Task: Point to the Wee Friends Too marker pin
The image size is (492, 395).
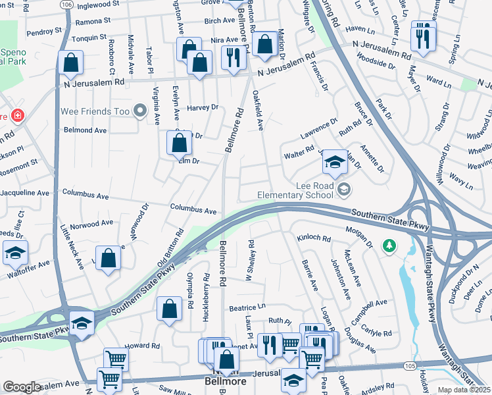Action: coord(139,111)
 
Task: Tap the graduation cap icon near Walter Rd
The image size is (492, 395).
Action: coord(335,163)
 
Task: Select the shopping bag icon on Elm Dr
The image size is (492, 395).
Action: coord(179,143)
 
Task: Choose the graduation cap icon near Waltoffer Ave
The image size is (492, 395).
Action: coord(16,253)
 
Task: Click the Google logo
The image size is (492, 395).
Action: coord(22,386)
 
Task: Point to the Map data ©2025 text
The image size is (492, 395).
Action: coord(464,390)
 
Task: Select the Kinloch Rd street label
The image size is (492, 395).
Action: coord(313,238)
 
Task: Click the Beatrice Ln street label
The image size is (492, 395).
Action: coord(247,307)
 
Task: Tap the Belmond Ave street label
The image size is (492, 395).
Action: coord(85,130)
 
